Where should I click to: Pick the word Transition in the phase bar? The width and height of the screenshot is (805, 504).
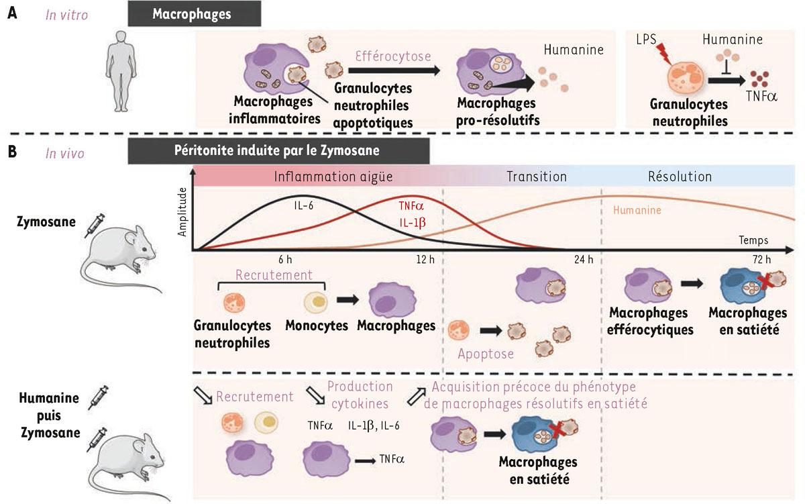click(x=537, y=177)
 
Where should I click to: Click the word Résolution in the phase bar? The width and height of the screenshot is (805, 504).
click(x=680, y=177)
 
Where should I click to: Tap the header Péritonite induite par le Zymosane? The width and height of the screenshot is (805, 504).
click(x=278, y=152)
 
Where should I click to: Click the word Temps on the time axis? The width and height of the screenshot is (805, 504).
click(x=753, y=240)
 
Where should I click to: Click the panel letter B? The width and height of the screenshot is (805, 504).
click(x=11, y=152)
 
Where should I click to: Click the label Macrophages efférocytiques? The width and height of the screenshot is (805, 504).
click(x=648, y=320)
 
